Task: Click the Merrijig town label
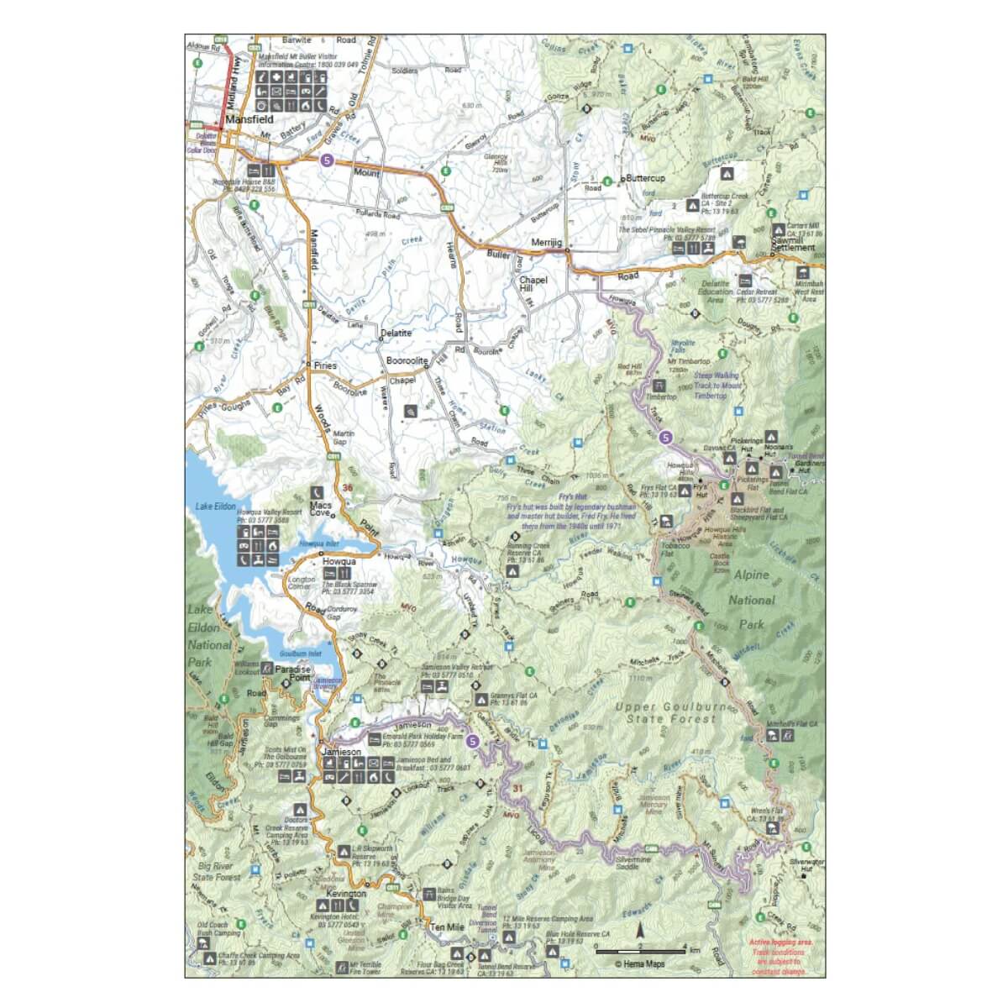[x=546, y=242]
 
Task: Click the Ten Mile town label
[x=447, y=927]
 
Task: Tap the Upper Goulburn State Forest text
[x=666, y=713]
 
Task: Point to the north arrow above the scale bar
[x=639, y=932]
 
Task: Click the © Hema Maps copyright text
[x=639, y=964]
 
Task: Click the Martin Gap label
[x=339, y=437]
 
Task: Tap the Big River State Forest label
[x=218, y=870]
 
